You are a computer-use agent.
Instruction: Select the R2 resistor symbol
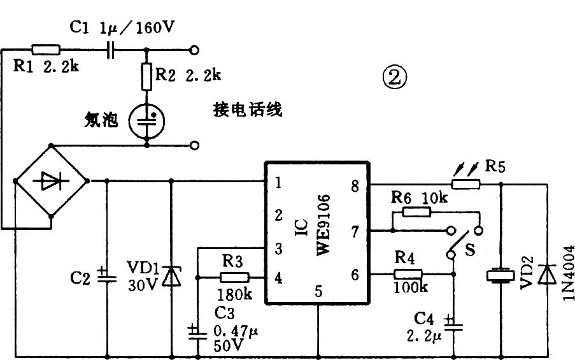(147, 76)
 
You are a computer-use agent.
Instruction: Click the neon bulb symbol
(147, 119)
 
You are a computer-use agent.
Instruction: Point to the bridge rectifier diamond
(52, 182)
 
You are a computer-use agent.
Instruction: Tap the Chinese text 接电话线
(248, 110)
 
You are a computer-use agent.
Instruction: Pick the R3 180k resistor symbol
(232, 277)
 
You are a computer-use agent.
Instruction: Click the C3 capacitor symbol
(198, 331)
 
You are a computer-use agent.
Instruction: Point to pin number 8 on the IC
(355, 186)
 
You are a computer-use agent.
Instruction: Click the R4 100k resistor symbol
(408, 275)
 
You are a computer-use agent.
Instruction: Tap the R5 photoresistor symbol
(465, 184)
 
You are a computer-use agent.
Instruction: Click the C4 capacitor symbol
(453, 323)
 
